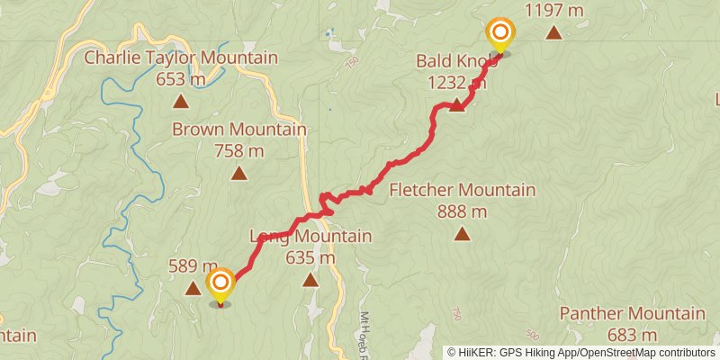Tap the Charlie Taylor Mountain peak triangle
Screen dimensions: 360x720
click(181, 103)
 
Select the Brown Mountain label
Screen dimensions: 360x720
click(239, 130)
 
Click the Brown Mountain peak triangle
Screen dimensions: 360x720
click(239, 173)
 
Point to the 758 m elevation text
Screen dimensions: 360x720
click(239, 151)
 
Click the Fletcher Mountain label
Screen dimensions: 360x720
click(462, 191)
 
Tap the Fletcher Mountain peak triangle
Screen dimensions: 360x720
click(462, 234)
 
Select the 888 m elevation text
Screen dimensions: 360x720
click(462, 211)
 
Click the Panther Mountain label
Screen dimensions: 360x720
click(632, 314)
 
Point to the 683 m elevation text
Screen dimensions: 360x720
click(632, 335)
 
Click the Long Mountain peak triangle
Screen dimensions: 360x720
click(310, 280)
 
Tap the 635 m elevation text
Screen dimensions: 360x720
click(310, 258)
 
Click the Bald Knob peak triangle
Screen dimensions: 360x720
click(457, 104)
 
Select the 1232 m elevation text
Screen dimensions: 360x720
click(457, 83)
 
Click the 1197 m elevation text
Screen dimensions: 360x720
click(554, 11)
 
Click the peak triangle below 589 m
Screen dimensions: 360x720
click(193, 288)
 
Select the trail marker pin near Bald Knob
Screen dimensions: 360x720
click(499, 35)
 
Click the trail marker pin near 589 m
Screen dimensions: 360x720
click(221, 285)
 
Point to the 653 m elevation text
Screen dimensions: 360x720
click(181, 80)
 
